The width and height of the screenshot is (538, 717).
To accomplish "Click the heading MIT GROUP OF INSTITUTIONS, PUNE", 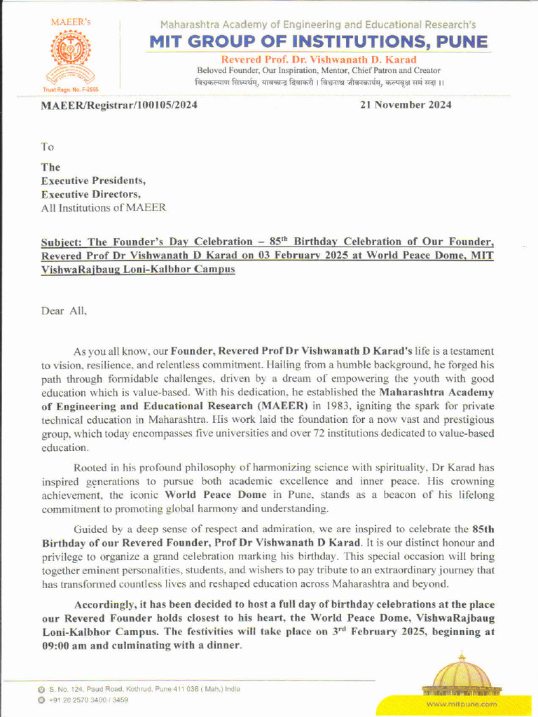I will [319, 42].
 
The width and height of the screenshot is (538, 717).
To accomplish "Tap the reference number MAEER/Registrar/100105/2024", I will [119, 105].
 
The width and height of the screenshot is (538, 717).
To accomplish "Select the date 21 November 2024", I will [406, 105].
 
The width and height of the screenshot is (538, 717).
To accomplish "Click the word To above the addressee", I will [47, 147].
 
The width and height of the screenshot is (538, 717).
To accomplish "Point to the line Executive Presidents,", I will [93, 181].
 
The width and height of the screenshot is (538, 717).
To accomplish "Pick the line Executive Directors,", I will [91, 194].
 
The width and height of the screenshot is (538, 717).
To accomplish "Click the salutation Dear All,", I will [64, 311].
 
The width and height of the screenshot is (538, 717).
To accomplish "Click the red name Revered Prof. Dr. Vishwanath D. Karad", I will [319, 60].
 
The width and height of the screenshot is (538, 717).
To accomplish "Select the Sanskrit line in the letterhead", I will [319, 83].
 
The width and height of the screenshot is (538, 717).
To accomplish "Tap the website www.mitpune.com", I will [461, 704].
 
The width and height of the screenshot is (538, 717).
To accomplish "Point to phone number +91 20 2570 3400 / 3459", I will [88, 699].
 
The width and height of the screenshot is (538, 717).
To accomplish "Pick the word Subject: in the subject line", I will [63, 242].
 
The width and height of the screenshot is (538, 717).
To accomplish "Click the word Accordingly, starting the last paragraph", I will [107, 605].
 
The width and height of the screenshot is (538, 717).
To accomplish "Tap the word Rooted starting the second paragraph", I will [91, 467].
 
